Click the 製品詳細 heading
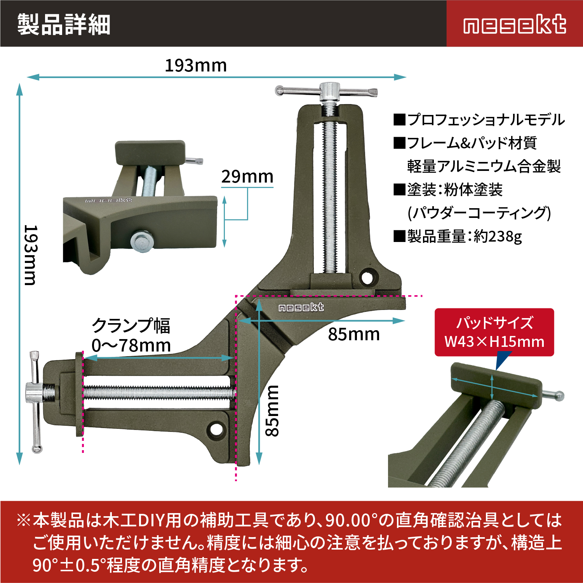coord(64,24)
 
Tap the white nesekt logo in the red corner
coord(515,24)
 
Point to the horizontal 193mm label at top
coord(196,66)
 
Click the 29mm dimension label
coord(247,177)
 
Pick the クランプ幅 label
coord(131,325)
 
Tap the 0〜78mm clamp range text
coord(131,345)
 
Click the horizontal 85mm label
coord(354,334)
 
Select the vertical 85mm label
coord(272,411)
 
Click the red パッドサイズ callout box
coord(494,332)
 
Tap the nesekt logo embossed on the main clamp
coord(301,308)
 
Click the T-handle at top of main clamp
coord(327,92)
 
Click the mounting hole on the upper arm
coord(367,277)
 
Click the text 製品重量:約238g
coord(458,236)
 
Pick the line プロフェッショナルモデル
coord(479,120)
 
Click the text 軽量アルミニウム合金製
coord(484,166)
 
